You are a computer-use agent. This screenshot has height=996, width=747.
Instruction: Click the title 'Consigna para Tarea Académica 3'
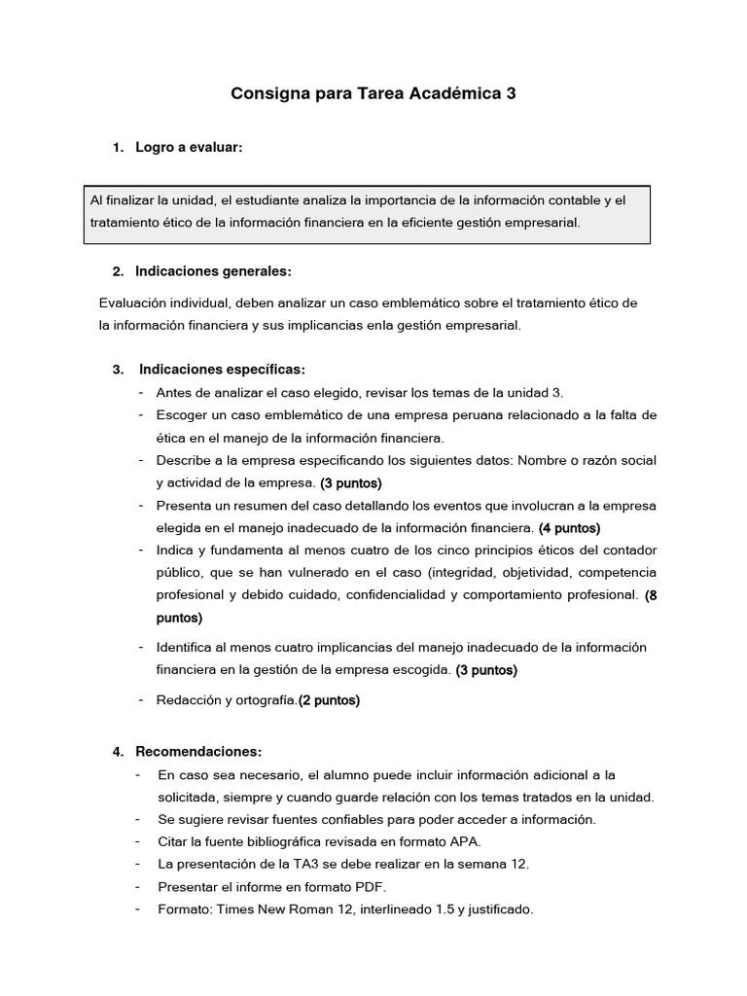pos(373,94)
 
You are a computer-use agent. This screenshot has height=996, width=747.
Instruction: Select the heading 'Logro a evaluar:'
pos(189,147)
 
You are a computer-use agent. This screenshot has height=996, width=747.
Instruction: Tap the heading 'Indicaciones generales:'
pos(213,270)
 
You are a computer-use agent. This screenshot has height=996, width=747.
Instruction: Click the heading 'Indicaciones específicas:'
pos(222,369)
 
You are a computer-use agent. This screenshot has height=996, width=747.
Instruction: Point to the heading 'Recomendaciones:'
pos(198,752)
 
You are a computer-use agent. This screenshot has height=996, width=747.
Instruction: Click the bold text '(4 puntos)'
pos(569,528)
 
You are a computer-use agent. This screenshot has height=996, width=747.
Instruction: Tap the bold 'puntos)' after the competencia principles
pos(179,617)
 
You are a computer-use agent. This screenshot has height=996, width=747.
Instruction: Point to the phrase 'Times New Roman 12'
pos(273,909)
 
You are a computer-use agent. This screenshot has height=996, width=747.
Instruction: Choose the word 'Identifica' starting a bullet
pos(186,647)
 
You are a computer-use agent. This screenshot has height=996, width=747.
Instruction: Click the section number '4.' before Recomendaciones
pos(118,752)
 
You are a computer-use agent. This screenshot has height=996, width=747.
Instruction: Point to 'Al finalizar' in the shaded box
pos(122,199)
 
